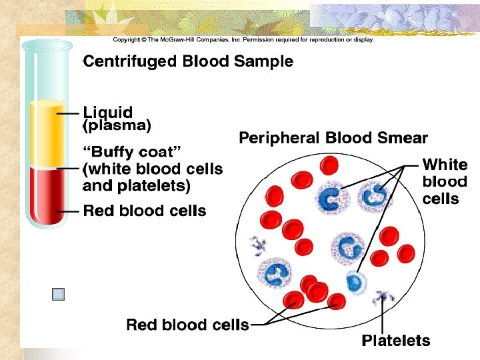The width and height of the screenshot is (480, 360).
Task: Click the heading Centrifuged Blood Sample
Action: tap(188, 62)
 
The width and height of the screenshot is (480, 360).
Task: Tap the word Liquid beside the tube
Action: tap(107, 112)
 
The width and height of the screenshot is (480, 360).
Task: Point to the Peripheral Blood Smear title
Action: tap(333, 139)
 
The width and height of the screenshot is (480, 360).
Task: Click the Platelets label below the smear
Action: tap(396, 341)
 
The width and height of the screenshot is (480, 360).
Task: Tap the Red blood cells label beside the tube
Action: tap(145, 211)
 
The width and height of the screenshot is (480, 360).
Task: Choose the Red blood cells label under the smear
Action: tap(187, 325)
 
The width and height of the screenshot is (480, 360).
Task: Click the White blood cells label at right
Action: tap(445, 181)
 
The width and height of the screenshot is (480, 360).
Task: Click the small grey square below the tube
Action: tap(59, 295)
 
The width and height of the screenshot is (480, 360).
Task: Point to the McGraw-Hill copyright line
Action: tap(243, 39)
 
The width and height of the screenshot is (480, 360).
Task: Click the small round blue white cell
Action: tap(356, 283)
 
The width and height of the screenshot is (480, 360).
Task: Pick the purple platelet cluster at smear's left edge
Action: tap(257, 245)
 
